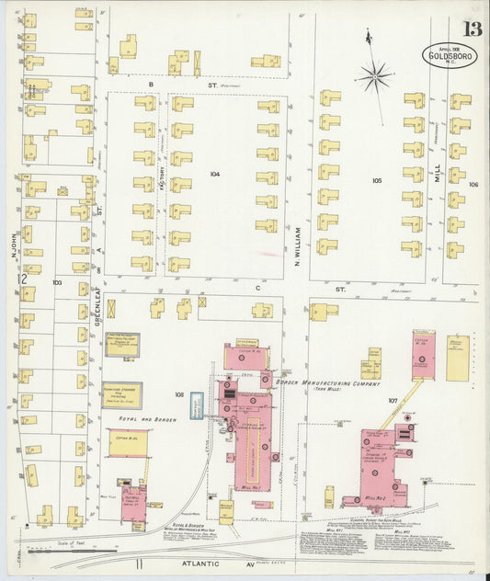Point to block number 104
(x=215, y=174)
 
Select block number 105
(x=377, y=181)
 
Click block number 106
(x=473, y=185)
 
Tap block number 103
(x=57, y=283)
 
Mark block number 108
(x=180, y=395)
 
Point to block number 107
(x=393, y=401)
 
